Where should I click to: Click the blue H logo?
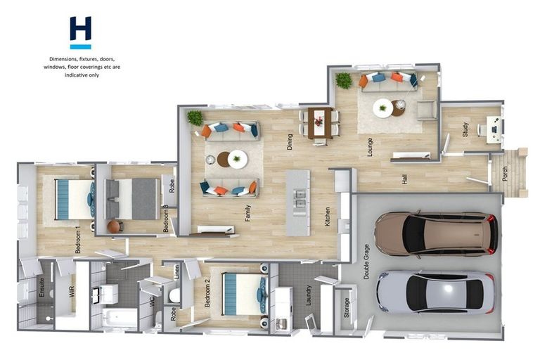pos(80,32)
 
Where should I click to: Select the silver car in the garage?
pos(436,291)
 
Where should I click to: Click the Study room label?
pos(465,130)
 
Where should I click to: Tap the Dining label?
pos(289,141)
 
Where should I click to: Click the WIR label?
pos(71,291)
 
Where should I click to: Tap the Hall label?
pos(405,179)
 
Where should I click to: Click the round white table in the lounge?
pos(383,108)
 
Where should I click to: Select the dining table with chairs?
pos(320,122)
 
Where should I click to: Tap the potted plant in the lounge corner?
pos(344,80)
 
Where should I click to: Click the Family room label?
pos(247,213)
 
